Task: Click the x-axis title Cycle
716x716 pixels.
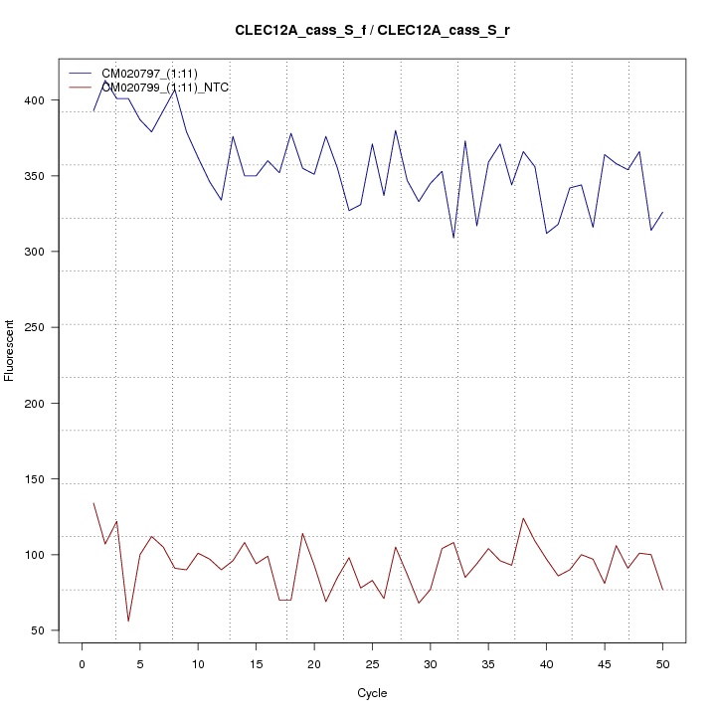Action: tap(372, 693)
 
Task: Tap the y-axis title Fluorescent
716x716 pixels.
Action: tap(11, 350)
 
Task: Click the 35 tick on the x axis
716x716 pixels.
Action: tap(488, 644)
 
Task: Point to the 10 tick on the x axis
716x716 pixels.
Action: tap(198, 644)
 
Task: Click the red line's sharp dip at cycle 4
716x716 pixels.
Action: tap(128, 622)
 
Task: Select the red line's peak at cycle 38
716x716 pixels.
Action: tap(523, 518)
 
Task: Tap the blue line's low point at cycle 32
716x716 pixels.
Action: tap(453, 239)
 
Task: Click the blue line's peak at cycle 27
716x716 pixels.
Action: tap(395, 130)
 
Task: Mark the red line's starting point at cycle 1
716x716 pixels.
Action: tap(93, 503)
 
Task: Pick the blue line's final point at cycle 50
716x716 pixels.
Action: tap(662, 212)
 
